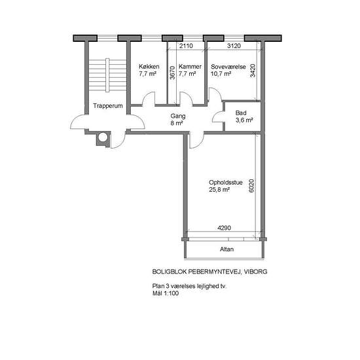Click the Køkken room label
pyautogui.click(x=149, y=67)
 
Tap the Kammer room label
pyautogui.click(x=190, y=67)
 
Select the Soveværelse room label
pyautogui.click(x=228, y=67)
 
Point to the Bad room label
pyautogui.click(x=241, y=113)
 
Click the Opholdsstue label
pyautogui.click(x=226, y=183)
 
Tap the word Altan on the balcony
pyautogui.click(x=227, y=249)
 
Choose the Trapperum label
pyautogui.click(x=108, y=106)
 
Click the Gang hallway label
pyautogui.click(x=178, y=116)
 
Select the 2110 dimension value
pyautogui.click(x=186, y=46)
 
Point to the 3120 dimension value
pyautogui.click(x=234, y=46)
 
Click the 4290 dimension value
pyautogui.click(x=224, y=228)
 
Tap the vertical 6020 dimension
pyautogui.click(x=251, y=186)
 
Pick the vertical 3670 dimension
pyautogui.click(x=172, y=73)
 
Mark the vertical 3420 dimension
pyautogui.click(x=253, y=71)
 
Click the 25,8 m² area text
pyautogui.click(x=219, y=190)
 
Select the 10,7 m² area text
pyautogui.click(x=221, y=74)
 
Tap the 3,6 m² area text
pyautogui.click(x=244, y=120)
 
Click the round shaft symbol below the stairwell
pyautogui.click(x=103, y=137)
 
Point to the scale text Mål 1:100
pyautogui.click(x=166, y=293)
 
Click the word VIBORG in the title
pyautogui.click(x=255, y=272)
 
